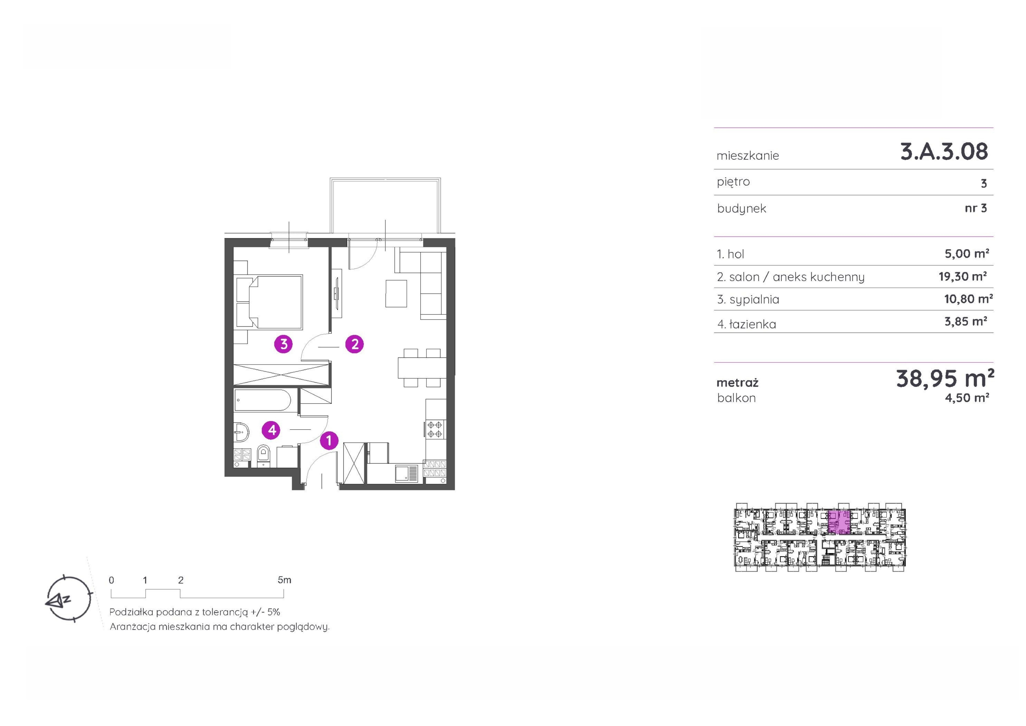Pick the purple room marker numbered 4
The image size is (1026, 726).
click(272, 430)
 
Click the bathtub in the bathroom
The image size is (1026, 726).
click(263, 400)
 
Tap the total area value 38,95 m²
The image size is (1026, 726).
click(945, 378)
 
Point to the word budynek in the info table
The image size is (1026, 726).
click(741, 208)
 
